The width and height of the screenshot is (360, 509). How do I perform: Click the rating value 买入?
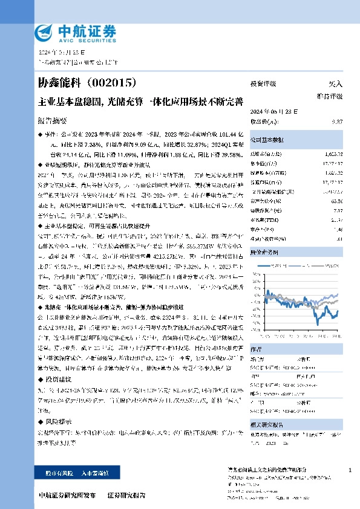[x=336, y=84]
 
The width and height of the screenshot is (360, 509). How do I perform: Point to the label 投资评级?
[x=263, y=84]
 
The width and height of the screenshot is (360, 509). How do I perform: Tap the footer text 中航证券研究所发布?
[x=67, y=495]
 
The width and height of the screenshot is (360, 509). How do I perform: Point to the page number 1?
[x=351, y=470]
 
